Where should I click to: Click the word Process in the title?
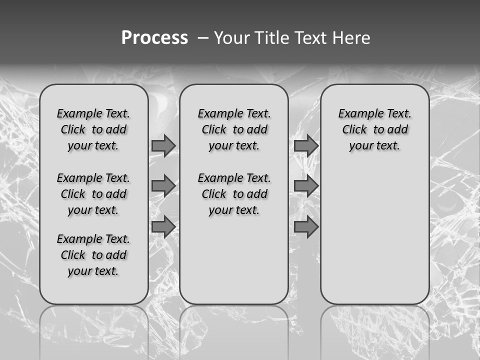click(154, 38)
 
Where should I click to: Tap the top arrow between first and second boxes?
click(163, 145)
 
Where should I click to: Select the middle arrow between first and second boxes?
click(163, 186)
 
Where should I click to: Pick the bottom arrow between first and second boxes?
click(163, 227)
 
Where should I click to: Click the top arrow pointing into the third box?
click(306, 145)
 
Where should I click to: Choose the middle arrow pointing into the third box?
click(306, 186)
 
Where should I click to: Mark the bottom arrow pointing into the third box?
click(306, 227)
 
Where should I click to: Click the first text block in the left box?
click(93, 129)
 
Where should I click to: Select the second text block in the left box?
click(93, 194)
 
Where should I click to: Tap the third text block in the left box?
click(93, 255)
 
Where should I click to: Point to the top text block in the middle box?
click(234, 129)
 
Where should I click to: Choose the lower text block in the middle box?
click(234, 194)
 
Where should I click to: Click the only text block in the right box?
click(375, 129)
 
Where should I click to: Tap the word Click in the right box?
click(354, 130)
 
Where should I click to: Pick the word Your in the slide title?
click(231, 38)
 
